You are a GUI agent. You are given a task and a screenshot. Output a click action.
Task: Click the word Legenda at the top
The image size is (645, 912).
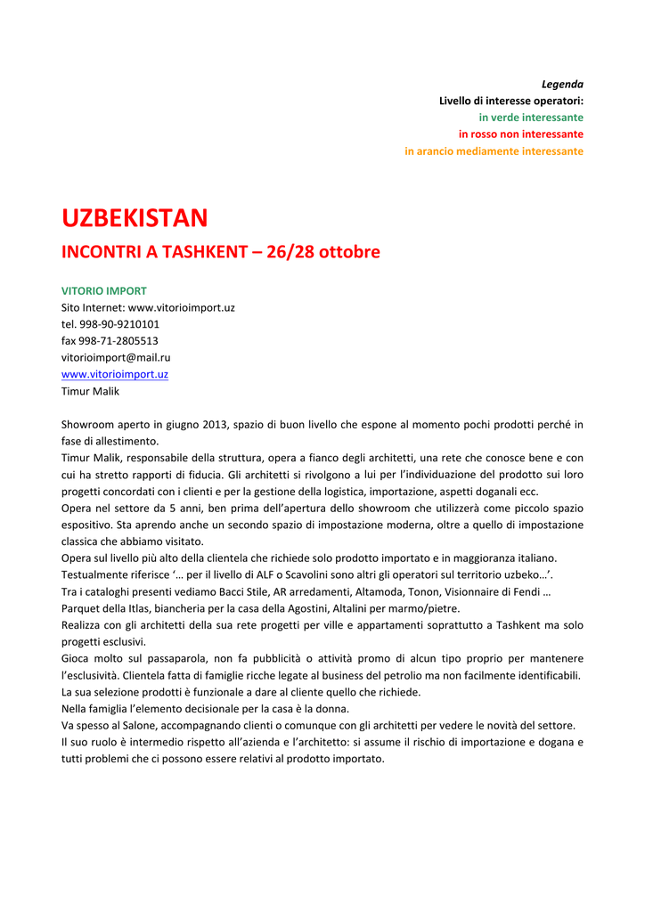pos(562,84)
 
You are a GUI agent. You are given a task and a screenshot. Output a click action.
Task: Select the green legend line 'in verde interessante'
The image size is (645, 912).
pos(531,118)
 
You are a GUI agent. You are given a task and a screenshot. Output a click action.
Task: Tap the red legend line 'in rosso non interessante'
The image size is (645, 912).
pos(521,134)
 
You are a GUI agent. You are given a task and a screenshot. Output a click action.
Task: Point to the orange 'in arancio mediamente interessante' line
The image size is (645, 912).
pos(494,151)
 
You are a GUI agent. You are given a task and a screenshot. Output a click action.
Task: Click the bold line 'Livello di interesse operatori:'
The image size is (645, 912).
pos(510,101)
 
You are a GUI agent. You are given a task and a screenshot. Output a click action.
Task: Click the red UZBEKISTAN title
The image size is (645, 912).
pos(135,217)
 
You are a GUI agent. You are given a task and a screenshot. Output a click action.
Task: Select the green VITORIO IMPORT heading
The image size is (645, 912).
pos(103,290)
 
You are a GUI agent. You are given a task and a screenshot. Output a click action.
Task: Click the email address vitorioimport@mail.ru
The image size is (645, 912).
pos(116,357)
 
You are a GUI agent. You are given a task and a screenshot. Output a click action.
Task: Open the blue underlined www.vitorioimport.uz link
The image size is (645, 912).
pos(114,374)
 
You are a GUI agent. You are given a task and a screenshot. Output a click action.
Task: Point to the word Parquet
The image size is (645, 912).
pos(81,608)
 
